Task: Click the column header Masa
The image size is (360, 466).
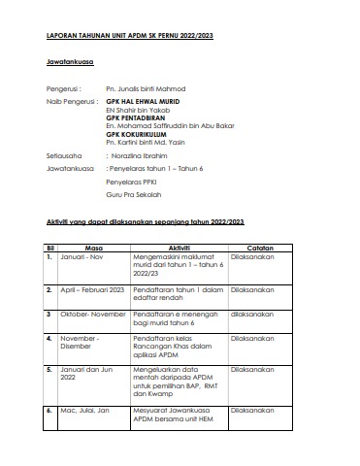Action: (x=94, y=248)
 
